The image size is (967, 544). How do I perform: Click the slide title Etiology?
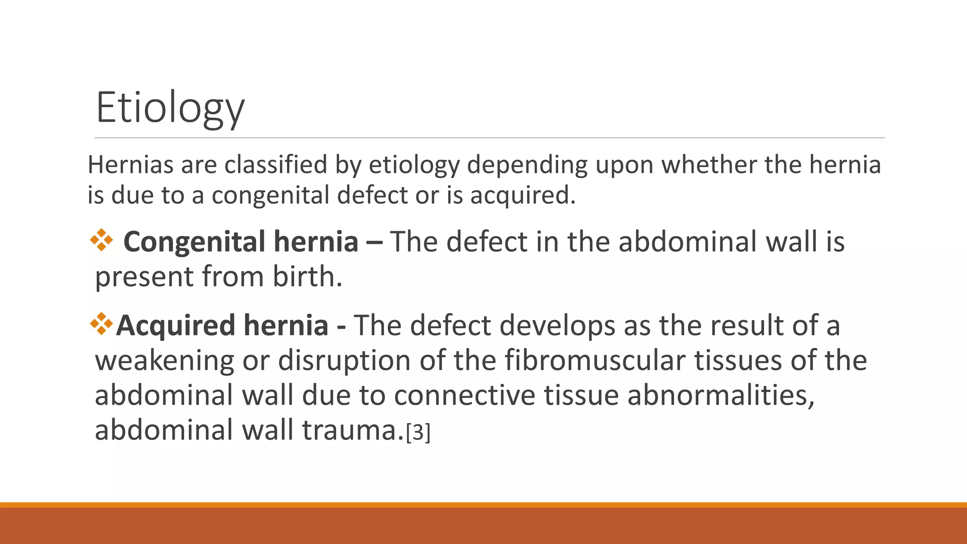tap(170, 108)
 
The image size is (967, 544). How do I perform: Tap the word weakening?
tap(164, 360)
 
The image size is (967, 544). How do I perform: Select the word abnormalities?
tap(721, 395)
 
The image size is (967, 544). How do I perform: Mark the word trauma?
tap(352, 430)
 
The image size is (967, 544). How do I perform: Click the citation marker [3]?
tap(418, 432)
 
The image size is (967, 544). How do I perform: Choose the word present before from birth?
tap(144, 277)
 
